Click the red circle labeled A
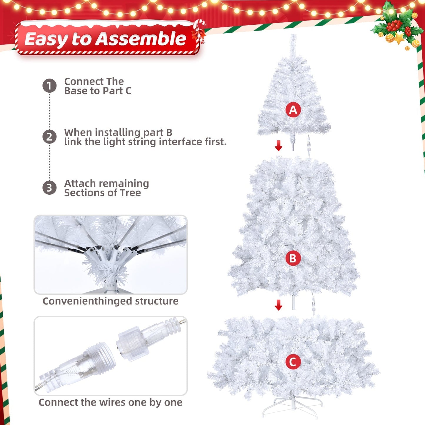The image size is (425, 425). [293, 110]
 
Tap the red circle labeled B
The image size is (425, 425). [293, 258]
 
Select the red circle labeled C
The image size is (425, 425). [293, 362]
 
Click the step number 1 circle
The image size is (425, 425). [49, 86]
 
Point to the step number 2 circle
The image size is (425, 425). [49, 137]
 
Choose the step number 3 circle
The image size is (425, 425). [49, 188]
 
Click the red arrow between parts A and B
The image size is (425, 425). [278, 145]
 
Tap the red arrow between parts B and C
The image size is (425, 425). [278, 305]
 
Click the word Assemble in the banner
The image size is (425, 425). [141, 39]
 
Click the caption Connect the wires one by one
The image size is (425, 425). [110, 402]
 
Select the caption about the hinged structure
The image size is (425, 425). [110, 301]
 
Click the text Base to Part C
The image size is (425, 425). [98, 91]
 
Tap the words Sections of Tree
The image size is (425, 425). [102, 193]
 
